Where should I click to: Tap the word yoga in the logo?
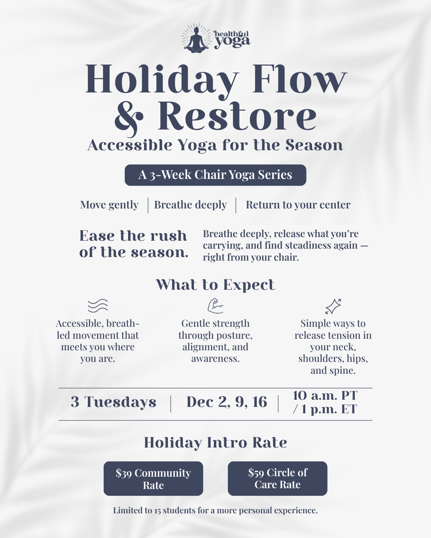(232, 41)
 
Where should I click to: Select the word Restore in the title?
(237, 116)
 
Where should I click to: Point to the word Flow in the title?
(299, 79)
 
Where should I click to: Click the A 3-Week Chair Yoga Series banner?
(215, 175)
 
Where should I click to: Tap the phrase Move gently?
(109, 205)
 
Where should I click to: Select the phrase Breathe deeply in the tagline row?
(190, 205)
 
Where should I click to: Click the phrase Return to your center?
(298, 205)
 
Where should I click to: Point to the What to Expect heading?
(215, 285)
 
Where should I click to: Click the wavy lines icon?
(98, 306)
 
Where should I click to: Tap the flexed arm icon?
(215, 306)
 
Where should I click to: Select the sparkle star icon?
(333, 306)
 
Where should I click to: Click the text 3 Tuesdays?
(114, 402)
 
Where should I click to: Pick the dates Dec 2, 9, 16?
(227, 402)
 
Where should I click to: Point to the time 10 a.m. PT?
(325, 395)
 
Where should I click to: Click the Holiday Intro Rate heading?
(215, 442)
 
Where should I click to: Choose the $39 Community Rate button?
(153, 479)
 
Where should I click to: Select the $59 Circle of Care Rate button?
(277, 479)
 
